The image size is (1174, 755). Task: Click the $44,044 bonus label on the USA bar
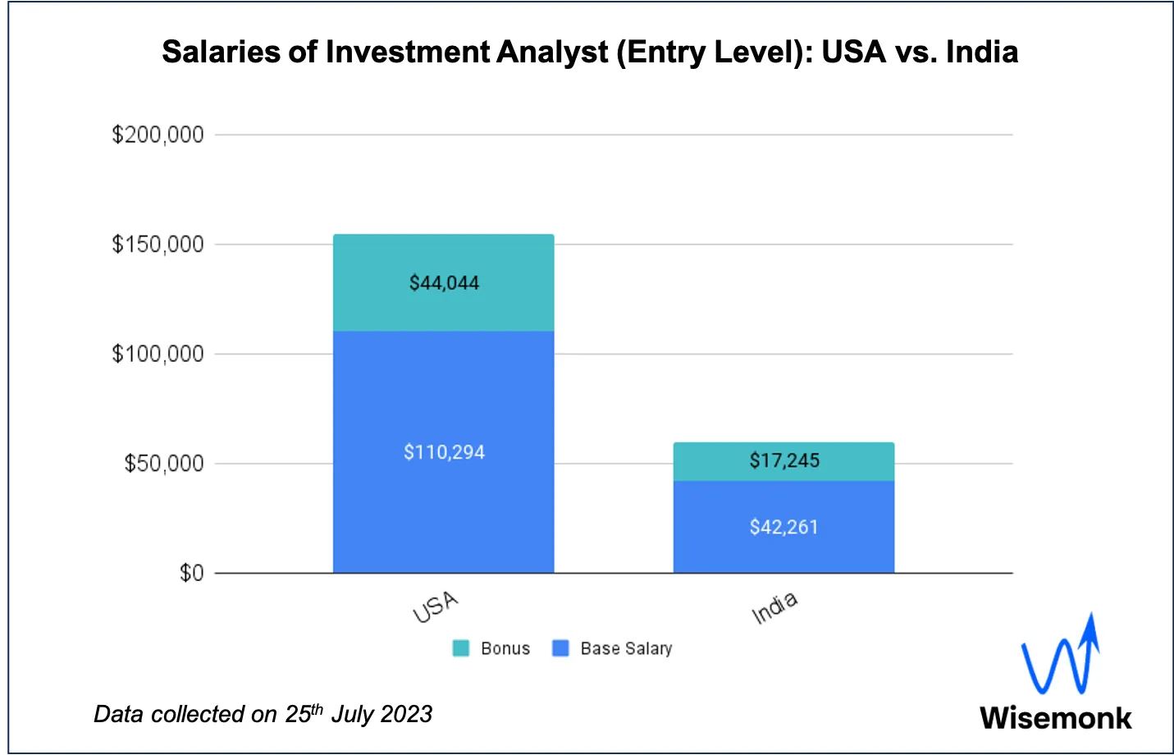click(x=444, y=283)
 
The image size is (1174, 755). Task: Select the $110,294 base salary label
click(x=444, y=452)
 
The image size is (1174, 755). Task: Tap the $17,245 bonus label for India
click(x=784, y=460)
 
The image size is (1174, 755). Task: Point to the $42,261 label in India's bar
click(x=783, y=527)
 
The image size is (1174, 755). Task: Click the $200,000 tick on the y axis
click(x=158, y=135)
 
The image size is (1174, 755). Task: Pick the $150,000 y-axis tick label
click(x=158, y=245)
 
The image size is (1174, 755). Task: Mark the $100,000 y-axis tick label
click(x=158, y=355)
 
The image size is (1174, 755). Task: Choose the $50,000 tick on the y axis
click(x=163, y=464)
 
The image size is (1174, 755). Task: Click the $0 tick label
click(x=191, y=573)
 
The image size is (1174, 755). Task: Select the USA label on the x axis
click(x=435, y=607)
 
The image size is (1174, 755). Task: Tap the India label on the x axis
click(x=774, y=607)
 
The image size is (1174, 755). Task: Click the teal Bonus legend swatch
click(x=461, y=648)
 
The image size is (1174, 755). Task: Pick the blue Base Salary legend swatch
click(x=560, y=648)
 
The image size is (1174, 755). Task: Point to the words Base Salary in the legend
click(x=626, y=648)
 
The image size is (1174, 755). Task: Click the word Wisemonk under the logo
click(x=1055, y=717)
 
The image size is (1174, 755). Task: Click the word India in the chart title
click(x=981, y=52)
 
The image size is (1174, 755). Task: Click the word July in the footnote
click(x=352, y=714)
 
